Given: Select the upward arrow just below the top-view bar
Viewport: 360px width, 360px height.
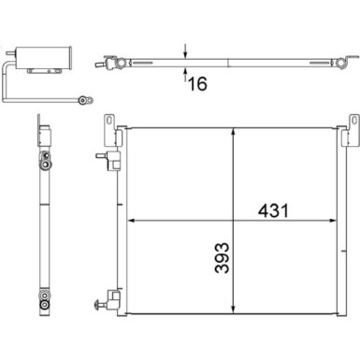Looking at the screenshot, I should click(x=187, y=72).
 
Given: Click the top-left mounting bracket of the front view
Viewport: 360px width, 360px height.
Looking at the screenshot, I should click(x=108, y=123).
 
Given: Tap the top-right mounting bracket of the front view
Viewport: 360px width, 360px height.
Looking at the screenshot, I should click(x=353, y=124).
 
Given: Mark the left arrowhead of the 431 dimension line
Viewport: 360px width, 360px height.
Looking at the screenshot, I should click(x=131, y=222).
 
